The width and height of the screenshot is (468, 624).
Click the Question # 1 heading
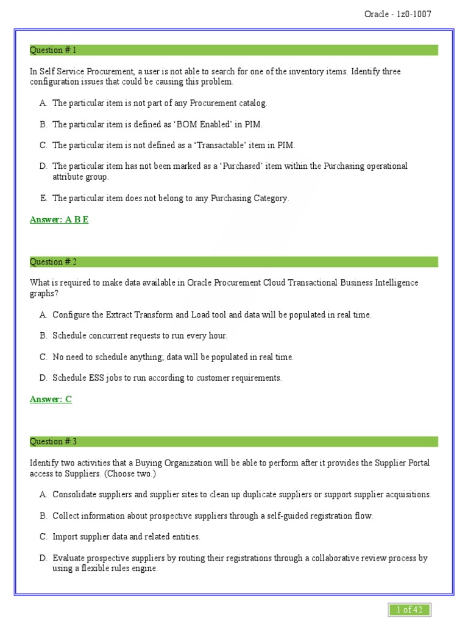pyautogui.click(x=54, y=50)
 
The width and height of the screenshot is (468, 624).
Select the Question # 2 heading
pyautogui.click(x=54, y=262)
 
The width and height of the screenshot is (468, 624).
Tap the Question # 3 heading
pyautogui.click(x=54, y=441)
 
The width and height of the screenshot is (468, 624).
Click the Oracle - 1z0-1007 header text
pyautogui.click(x=398, y=14)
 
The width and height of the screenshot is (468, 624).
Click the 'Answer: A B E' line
pyautogui.click(x=59, y=219)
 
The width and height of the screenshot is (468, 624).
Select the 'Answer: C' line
pyautogui.click(x=51, y=399)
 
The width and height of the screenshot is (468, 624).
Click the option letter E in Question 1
pyautogui.click(x=43, y=198)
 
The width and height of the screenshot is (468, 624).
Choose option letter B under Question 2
pyautogui.click(x=43, y=336)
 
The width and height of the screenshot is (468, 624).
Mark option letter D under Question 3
pyautogui.click(x=43, y=558)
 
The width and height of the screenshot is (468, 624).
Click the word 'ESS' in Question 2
pyautogui.click(x=96, y=378)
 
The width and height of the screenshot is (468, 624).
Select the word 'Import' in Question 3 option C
pyautogui.click(x=65, y=537)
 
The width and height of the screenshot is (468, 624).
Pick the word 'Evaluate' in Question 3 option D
pyautogui.click(x=69, y=558)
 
